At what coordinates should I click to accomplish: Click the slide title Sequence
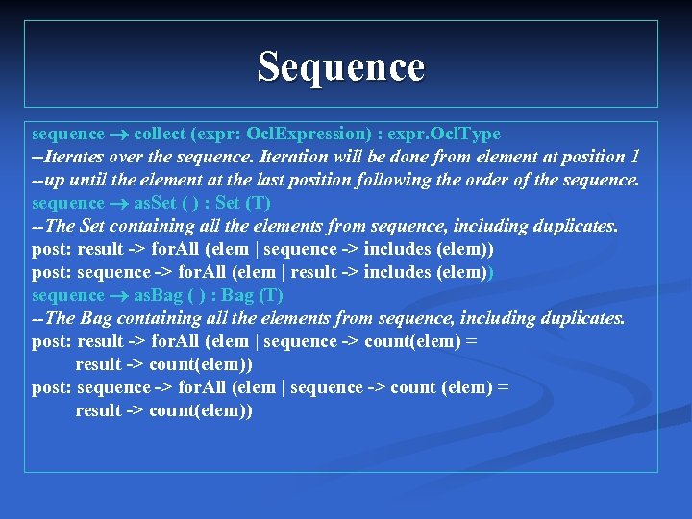tap(340, 67)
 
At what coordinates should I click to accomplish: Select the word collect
tap(162, 134)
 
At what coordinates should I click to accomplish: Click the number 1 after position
tap(633, 157)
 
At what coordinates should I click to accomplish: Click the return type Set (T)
tap(244, 203)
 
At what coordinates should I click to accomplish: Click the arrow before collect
tap(120, 135)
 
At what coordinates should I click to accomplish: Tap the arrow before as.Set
tap(120, 204)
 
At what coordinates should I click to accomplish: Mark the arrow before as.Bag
tap(120, 296)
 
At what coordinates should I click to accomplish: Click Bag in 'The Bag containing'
tap(98, 318)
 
